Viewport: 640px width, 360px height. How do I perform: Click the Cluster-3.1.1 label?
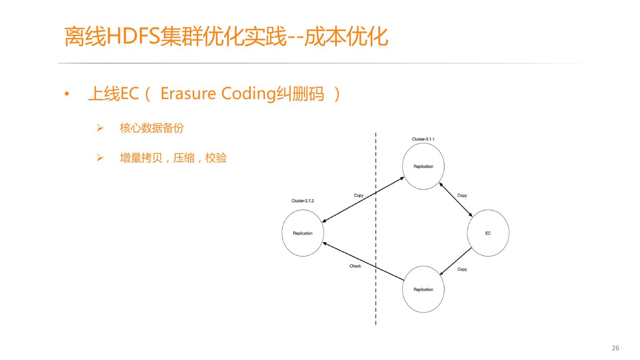[x=423, y=139]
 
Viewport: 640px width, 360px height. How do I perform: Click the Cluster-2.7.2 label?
[x=303, y=201]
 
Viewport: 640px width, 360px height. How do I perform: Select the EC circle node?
[x=488, y=233]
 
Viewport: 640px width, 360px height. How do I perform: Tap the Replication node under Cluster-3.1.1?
[x=423, y=166]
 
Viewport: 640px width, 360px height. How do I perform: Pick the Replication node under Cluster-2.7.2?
[x=303, y=233]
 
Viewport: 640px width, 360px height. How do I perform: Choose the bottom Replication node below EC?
[x=423, y=289]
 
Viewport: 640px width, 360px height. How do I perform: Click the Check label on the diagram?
[x=355, y=266]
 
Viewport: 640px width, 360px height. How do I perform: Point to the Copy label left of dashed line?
[x=359, y=196]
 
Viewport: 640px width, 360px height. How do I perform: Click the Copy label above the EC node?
[x=462, y=196]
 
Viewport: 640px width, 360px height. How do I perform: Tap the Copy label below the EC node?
[x=462, y=269]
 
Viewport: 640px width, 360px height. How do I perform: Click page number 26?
[x=616, y=348]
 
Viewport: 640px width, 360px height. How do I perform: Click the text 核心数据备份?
[x=152, y=128]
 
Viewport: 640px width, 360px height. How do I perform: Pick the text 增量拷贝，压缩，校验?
[x=173, y=158]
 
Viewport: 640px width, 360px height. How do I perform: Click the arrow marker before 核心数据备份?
[x=100, y=129]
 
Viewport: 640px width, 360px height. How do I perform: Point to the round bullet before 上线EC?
[x=67, y=94]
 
